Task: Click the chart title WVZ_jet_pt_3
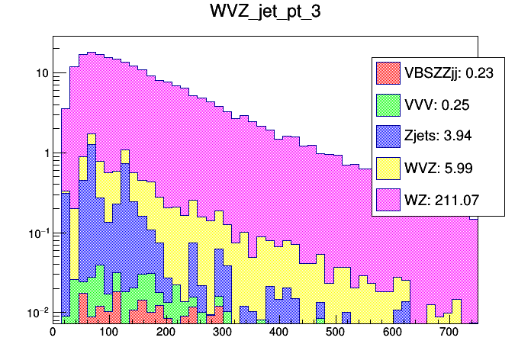265,13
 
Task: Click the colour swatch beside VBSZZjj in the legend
388,73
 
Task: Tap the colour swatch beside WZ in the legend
388,200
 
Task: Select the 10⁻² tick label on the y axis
37,312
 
